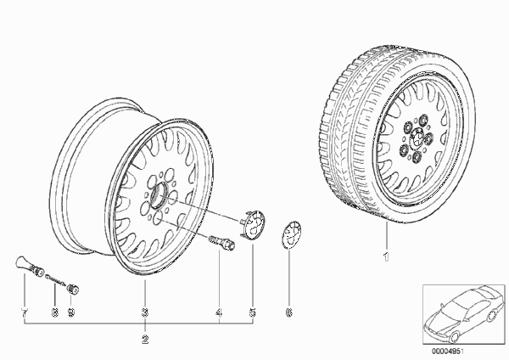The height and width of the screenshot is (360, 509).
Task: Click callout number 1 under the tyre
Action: click(x=386, y=256)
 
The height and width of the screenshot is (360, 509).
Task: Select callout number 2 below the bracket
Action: click(x=145, y=340)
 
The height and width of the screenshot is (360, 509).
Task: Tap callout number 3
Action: click(x=145, y=312)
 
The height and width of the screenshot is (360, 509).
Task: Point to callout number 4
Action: click(x=219, y=312)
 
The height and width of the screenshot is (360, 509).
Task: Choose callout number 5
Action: click(x=253, y=312)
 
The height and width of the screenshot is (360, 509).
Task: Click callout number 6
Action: click(x=288, y=312)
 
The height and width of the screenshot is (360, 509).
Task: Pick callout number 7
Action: click(x=25, y=312)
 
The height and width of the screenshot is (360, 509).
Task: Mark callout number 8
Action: click(x=55, y=312)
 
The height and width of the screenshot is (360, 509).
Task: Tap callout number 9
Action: click(x=70, y=312)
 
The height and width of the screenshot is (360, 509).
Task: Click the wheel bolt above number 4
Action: click(x=222, y=243)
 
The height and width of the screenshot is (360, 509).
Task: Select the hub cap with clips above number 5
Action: click(x=253, y=224)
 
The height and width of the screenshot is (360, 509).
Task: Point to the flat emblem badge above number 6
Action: click(x=291, y=234)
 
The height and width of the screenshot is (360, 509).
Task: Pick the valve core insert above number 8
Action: click(x=56, y=279)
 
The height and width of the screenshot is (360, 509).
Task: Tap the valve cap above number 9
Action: click(x=73, y=289)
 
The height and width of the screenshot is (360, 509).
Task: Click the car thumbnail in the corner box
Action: click(x=464, y=314)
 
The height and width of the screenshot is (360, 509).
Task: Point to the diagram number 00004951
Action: click(x=448, y=352)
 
